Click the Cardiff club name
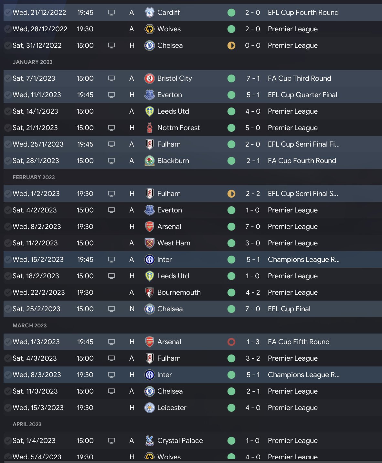click(x=168, y=13)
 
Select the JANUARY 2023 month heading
click(x=32, y=62)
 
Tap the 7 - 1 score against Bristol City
click(x=253, y=78)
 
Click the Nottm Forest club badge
click(x=149, y=128)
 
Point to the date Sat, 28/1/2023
click(x=36, y=161)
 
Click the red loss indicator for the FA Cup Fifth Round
click(x=231, y=342)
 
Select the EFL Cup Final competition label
click(x=289, y=309)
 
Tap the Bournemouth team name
click(x=179, y=293)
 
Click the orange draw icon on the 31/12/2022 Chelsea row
click(x=231, y=46)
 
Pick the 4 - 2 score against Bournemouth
click(x=253, y=293)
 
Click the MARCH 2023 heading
click(x=29, y=325)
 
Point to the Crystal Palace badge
click(x=149, y=441)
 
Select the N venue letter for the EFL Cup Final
click(x=132, y=309)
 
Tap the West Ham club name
click(x=174, y=243)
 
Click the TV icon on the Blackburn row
click(x=111, y=161)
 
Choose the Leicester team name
click(x=172, y=408)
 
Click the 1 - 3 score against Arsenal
click(x=253, y=342)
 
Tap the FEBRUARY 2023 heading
click(x=34, y=177)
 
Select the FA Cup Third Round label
click(x=299, y=78)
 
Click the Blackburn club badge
click(x=149, y=161)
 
